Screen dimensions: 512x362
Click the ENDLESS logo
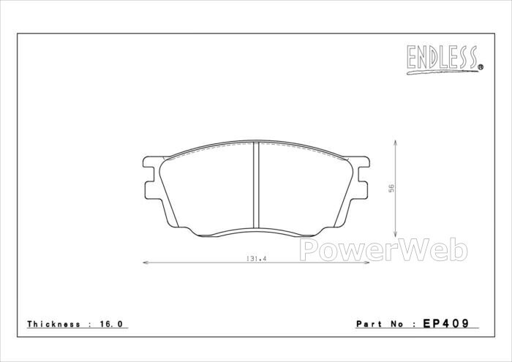tap(445, 60)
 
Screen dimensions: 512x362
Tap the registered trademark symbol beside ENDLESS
tap(481, 67)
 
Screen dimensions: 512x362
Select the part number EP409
tap(446, 323)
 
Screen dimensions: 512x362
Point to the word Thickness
tap(53, 324)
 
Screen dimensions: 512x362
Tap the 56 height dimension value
tap(391, 189)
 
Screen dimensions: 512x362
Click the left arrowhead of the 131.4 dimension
tap(146, 263)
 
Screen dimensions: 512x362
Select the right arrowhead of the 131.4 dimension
tap(366, 263)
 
